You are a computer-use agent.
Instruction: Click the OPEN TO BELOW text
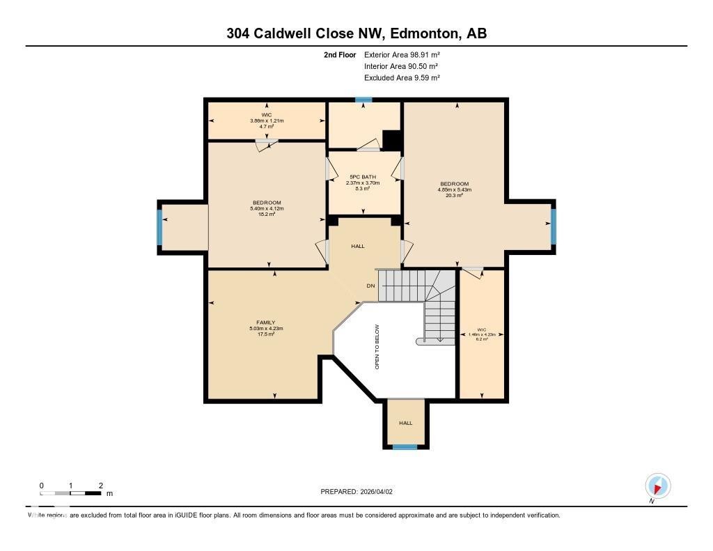pyautogui.click(x=377, y=346)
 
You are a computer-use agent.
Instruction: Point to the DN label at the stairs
pyautogui.click(x=371, y=286)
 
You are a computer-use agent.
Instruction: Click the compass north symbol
pyautogui.click(x=657, y=486)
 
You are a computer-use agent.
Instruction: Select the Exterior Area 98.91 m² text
pyautogui.click(x=402, y=54)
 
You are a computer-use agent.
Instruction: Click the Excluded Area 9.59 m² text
pyautogui.click(x=402, y=78)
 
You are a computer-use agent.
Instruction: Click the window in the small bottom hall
pyautogui.click(x=405, y=447)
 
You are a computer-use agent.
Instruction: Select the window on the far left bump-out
pyautogui.click(x=159, y=227)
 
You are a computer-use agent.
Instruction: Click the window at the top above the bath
pyautogui.click(x=363, y=100)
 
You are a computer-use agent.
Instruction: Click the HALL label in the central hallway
pyautogui.click(x=357, y=246)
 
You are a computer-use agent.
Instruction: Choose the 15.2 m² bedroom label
pyautogui.click(x=266, y=208)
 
